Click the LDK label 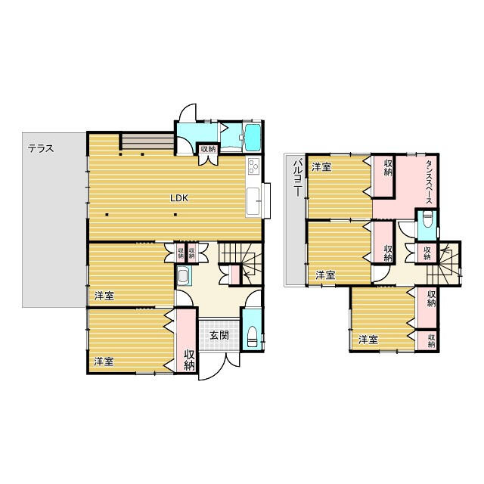point(179,198)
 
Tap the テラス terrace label point(41,148)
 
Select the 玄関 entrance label point(219,335)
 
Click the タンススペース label point(429,181)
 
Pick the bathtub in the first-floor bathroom point(252,138)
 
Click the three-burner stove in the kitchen point(254,167)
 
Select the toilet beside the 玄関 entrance point(252,337)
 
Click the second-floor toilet point(427,219)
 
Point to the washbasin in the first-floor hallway point(183,275)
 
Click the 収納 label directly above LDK point(208,149)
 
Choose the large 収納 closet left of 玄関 point(187,340)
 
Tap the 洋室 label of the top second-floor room point(321,167)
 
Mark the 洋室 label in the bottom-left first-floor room point(104,361)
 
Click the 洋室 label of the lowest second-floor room point(368,340)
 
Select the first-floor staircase point(240,264)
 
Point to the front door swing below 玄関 point(219,367)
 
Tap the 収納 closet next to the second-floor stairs point(427,253)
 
